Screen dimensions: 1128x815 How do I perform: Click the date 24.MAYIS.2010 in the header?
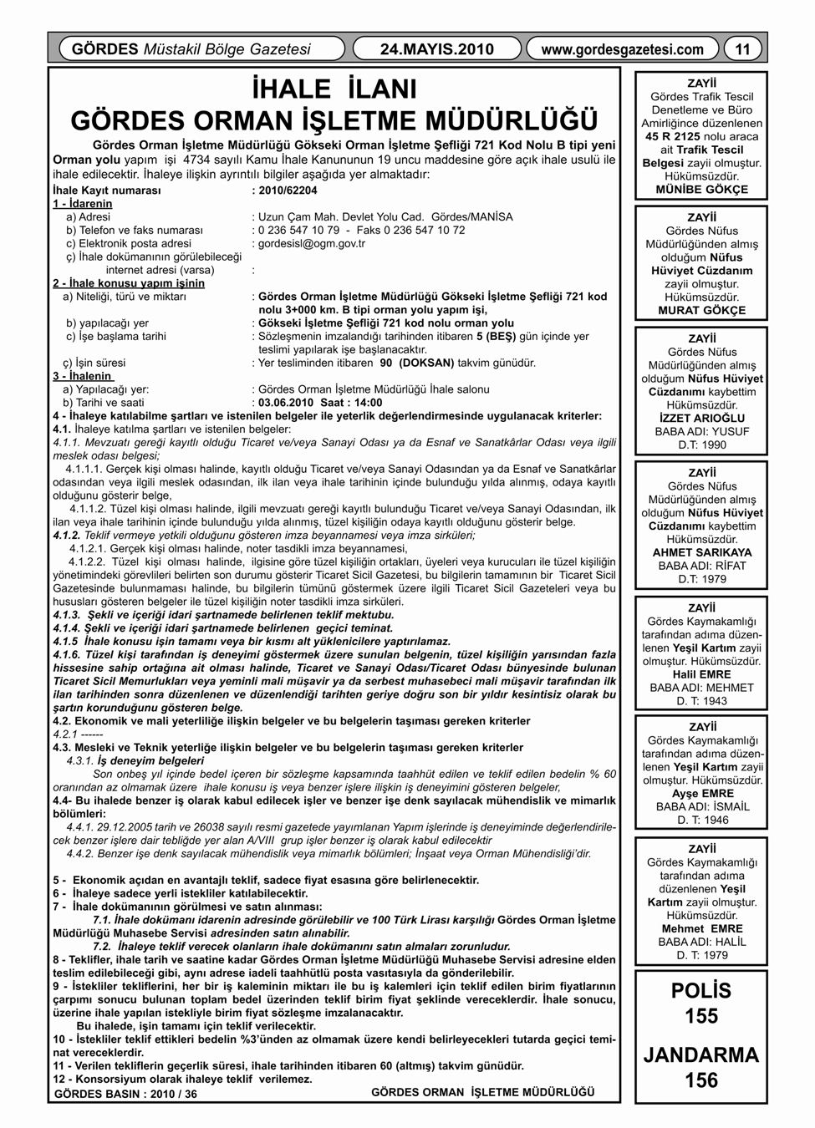coord(437,49)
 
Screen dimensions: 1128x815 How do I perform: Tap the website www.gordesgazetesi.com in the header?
coord(622,49)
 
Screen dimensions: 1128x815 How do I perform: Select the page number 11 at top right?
coord(742,49)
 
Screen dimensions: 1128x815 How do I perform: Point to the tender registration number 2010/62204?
coord(288,191)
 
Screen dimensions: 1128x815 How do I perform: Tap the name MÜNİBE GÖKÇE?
coord(702,190)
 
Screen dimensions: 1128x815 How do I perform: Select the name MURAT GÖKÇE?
coord(702,311)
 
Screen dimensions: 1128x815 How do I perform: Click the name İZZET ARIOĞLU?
coord(702,419)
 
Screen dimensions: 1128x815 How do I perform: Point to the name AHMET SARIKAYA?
coord(702,553)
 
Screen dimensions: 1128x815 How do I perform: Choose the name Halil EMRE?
coord(702,674)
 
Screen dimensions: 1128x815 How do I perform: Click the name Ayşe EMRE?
coord(702,794)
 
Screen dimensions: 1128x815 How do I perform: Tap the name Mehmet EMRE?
coord(702,928)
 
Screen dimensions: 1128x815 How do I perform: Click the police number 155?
coord(701,1016)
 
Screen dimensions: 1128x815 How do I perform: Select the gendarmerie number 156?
coord(701,1080)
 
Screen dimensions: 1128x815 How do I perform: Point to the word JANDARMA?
coord(701,1054)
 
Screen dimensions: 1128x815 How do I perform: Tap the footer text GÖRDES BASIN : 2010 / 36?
coord(125,1094)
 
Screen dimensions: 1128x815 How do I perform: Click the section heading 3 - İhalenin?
coord(84,376)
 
